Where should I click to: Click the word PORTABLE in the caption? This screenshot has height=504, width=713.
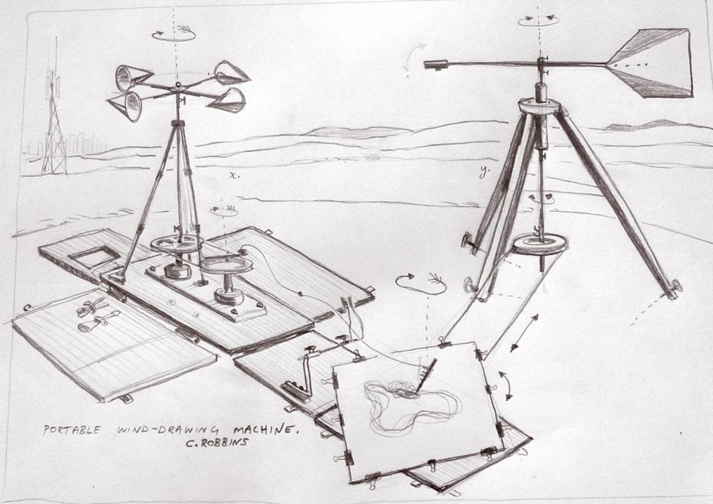point(72,429)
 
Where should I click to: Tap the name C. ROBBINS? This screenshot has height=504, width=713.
point(217,442)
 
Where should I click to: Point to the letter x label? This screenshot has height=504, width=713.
point(233,175)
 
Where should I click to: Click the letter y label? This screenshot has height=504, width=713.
point(484,171)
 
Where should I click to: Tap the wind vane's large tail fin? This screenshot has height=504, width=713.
point(655,63)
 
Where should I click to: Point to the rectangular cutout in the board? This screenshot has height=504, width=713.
point(94,257)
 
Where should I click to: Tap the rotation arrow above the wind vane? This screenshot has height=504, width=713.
point(538,19)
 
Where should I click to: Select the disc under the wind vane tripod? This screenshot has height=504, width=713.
point(540,244)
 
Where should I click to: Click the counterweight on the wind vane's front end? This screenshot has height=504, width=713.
point(436,64)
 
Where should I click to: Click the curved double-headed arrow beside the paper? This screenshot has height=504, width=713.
point(505,386)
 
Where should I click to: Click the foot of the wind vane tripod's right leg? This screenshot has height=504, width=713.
point(674,289)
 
